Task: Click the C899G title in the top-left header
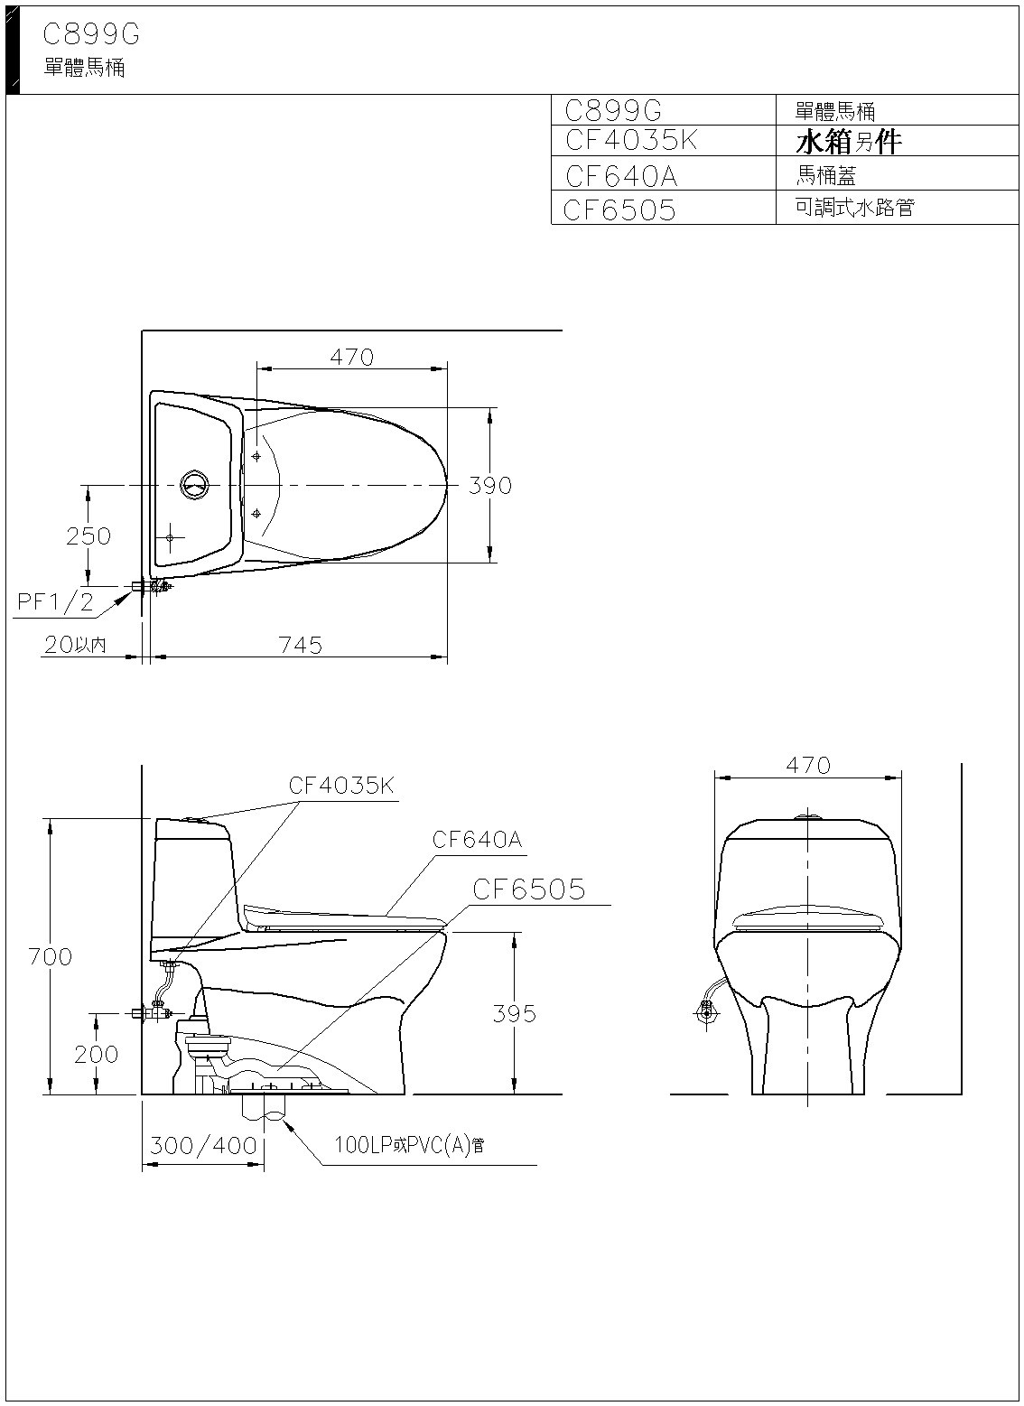[91, 34]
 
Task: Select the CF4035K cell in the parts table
[631, 140]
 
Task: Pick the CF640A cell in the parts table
[621, 176]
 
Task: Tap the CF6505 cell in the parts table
[619, 210]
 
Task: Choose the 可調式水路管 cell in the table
[854, 207]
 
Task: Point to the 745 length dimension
[301, 645]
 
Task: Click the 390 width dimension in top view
[490, 485]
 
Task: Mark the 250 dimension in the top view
[88, 536]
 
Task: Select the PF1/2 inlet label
[55, 602]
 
